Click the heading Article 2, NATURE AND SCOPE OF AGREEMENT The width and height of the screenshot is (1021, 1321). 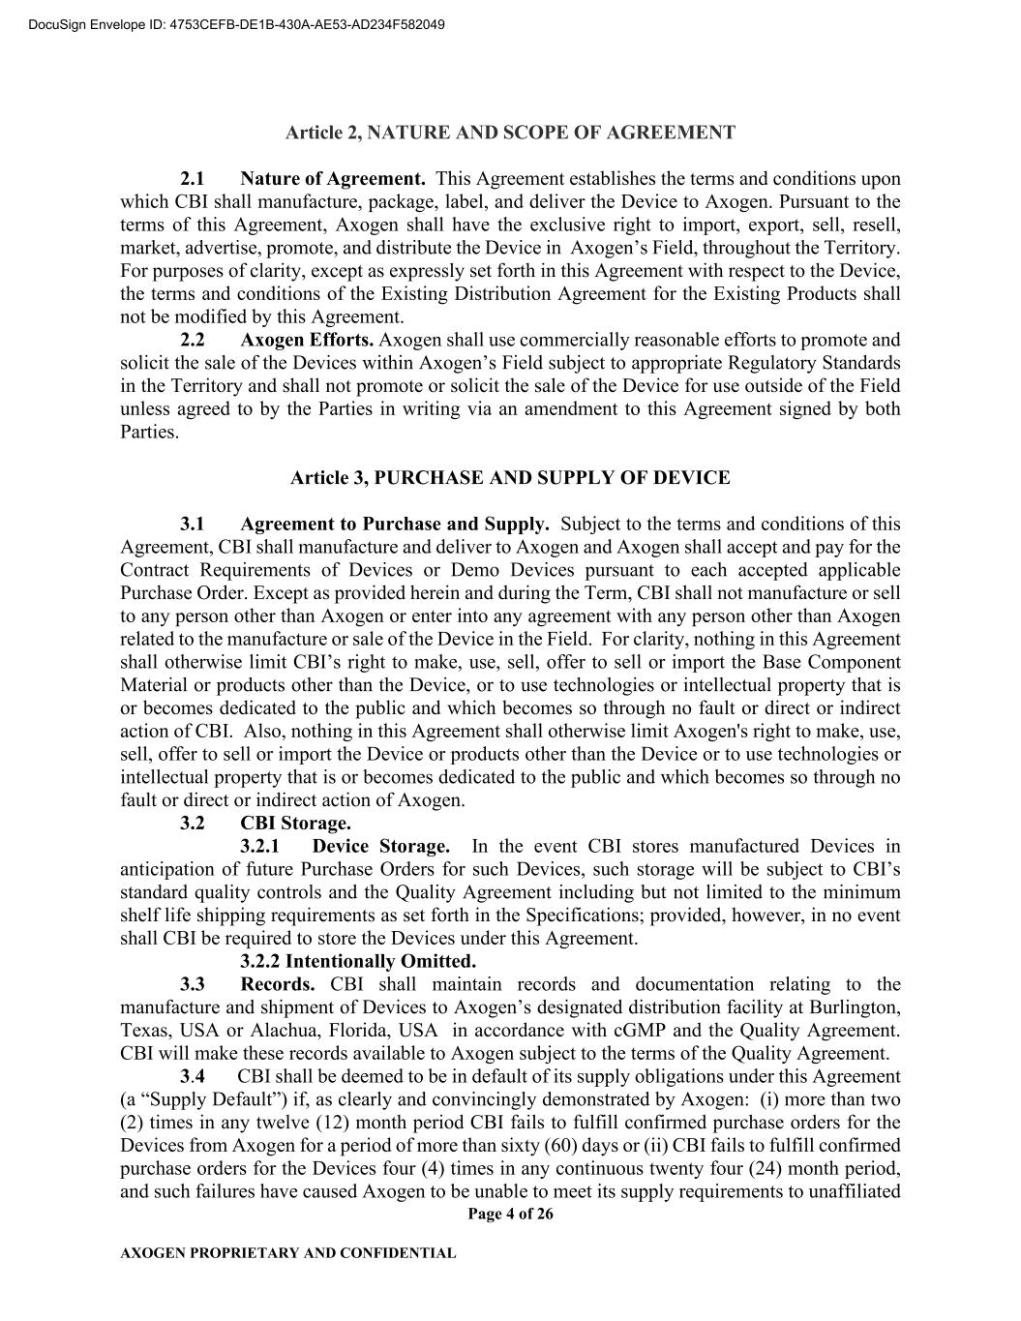510,133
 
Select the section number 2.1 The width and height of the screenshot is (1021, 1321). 192,179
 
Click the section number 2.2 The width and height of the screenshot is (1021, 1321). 192,340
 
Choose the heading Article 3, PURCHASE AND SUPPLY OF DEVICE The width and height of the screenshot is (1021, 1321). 510,477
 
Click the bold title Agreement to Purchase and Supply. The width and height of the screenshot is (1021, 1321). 395,524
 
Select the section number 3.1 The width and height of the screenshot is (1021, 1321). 192,524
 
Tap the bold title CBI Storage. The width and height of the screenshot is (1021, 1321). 295,823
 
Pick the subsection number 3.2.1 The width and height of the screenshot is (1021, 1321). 266,846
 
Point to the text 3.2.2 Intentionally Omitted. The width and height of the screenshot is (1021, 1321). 358,961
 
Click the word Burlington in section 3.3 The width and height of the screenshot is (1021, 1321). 852,1007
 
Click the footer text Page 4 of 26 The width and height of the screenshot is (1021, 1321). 510,1215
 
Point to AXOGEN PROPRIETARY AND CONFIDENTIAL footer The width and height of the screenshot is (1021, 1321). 287,1253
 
